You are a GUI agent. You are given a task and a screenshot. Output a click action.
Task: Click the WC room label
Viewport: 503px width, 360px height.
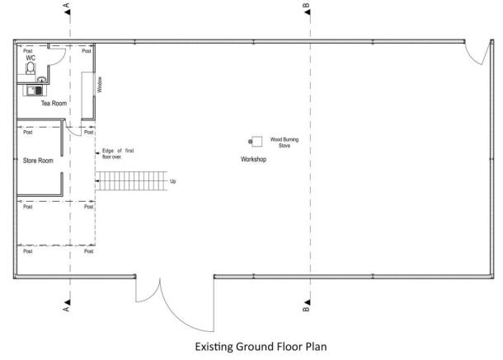click(x=31, y=58)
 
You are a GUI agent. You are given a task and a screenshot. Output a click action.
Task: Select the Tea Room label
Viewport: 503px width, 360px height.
click(x=54, y=104)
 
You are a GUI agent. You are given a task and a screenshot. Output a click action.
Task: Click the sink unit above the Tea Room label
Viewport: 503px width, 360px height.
click(x=35, y=89)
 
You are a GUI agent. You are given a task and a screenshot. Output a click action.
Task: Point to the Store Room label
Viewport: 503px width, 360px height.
click(x=38, y=161)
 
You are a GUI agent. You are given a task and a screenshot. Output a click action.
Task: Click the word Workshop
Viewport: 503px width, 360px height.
click(x=253, y=158)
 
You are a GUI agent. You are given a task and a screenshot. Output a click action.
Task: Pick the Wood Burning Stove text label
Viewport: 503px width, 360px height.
click(x=284, y=143)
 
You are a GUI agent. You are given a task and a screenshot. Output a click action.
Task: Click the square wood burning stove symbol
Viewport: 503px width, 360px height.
click(x=257, y=142)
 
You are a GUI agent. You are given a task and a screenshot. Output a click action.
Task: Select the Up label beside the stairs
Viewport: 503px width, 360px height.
click(x=172, y=181)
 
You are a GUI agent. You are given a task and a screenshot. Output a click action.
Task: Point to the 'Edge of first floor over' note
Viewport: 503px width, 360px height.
click(x=116, y=153)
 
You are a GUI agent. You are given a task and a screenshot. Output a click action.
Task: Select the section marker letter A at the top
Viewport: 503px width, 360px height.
click(x=66, y=7)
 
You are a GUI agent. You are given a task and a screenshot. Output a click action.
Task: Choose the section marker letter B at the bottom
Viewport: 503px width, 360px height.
click(x=307, y=311)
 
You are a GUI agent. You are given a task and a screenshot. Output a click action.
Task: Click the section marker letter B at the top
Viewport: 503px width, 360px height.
click(x=307, y=7)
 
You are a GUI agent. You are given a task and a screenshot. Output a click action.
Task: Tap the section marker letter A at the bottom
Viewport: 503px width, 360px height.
click(x=66, y=311)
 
